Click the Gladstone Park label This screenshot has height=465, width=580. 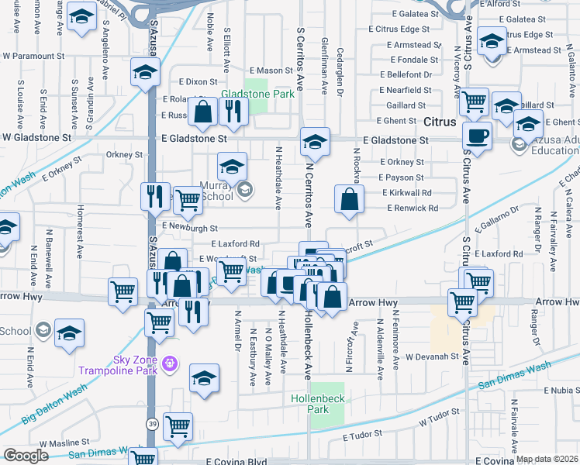tap(247, 95)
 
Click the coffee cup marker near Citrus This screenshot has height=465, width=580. tap(477, 135)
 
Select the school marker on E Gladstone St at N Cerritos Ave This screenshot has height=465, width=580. tap(314, 140)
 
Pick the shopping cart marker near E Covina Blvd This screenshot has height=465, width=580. tap(178, 425)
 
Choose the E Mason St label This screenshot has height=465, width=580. tap(257, 71)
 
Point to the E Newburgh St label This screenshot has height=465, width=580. tap(191, 228)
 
